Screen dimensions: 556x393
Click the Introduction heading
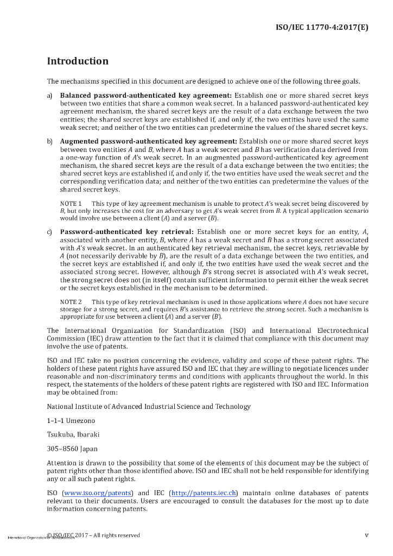tap(78, 61)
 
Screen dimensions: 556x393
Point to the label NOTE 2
tap(71, 301)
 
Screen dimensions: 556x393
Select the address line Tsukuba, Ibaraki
tap(73, 434)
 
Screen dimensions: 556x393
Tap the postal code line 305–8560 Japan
tap(72, 449)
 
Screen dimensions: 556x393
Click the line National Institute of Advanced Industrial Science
tap(149, 406)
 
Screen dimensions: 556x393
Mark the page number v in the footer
tap(366, 535)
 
